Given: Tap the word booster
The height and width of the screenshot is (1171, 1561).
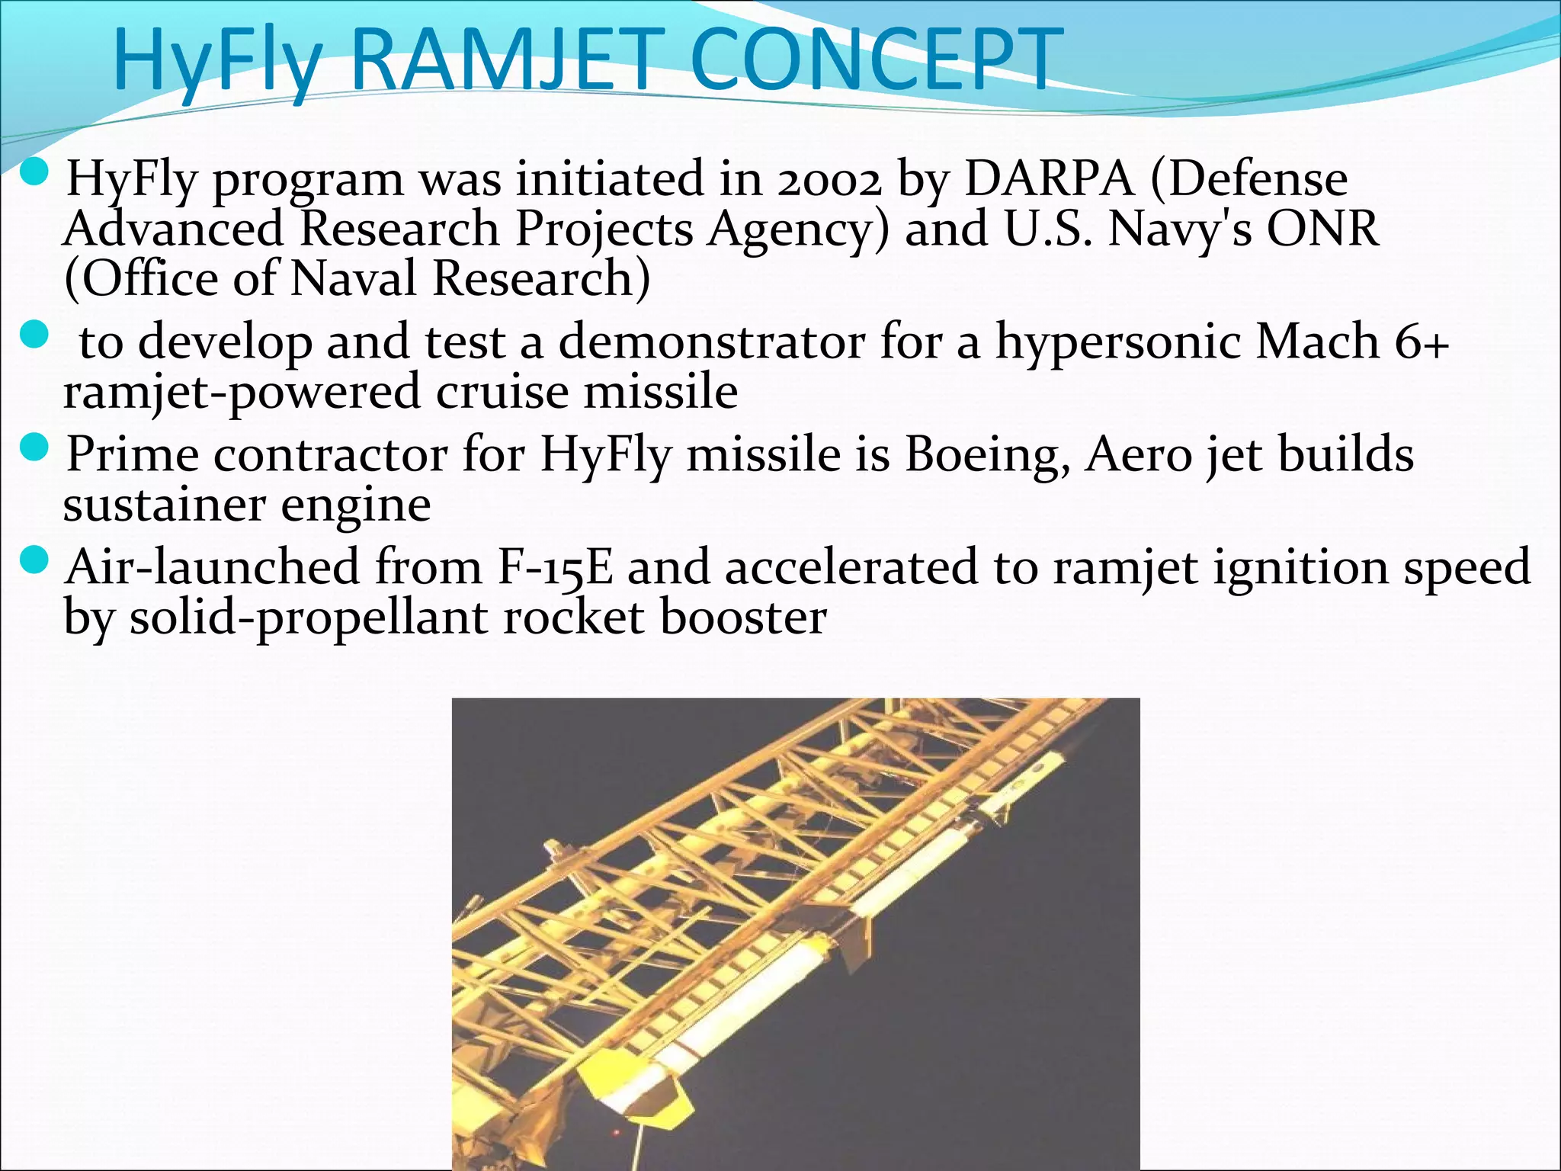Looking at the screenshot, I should pos(742,618).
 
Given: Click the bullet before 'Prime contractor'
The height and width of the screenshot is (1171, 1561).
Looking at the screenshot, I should pos(35,450).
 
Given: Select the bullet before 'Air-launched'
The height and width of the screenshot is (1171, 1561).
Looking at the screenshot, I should pos(35,563).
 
